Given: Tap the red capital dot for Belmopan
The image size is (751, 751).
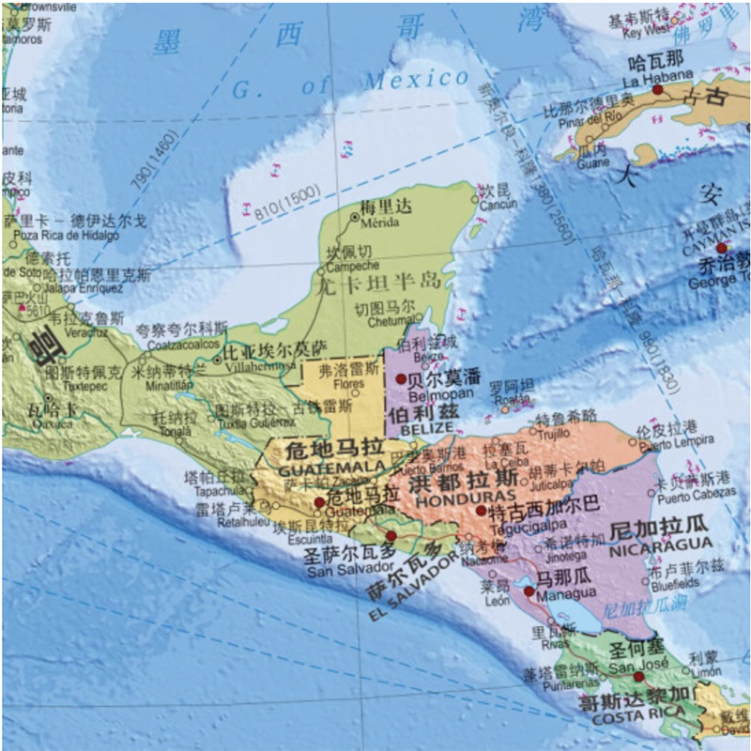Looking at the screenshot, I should pyautogui.click(x=401, y=379).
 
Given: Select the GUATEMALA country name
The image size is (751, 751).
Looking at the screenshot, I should pyautogui.click(x=319, y=467).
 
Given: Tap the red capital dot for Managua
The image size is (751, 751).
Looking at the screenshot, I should pyautogui.click(x=529, y=591).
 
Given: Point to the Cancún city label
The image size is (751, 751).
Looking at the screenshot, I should pyautogui.click(x=498, y=205).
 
